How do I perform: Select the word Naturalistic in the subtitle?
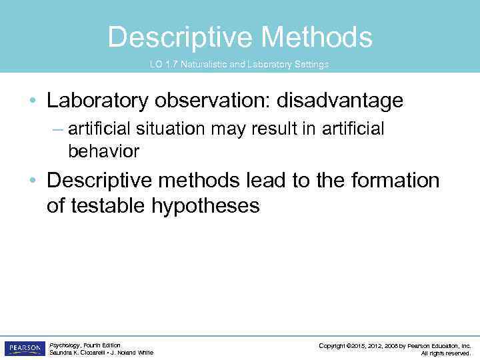click(x=202, y=65)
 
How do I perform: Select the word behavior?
click(x=103, y=151)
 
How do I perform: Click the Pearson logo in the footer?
click(x=24, y=349)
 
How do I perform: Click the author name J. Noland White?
click(x=133, y=353)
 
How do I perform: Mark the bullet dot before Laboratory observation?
click(x=33, y=101)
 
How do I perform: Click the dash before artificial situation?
click(x=58, y=129)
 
